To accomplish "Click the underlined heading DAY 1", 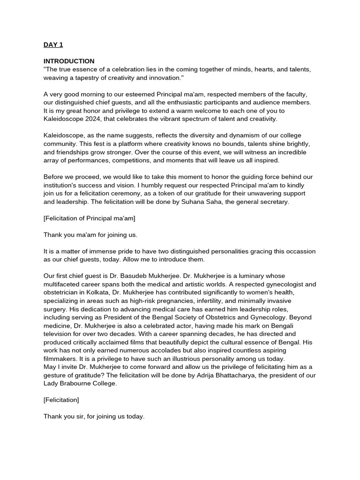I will coord(53,45).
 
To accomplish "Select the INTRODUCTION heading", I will coord(69,61).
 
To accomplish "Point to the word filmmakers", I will coord(60,358).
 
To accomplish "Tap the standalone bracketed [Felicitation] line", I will coord(61,399).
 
